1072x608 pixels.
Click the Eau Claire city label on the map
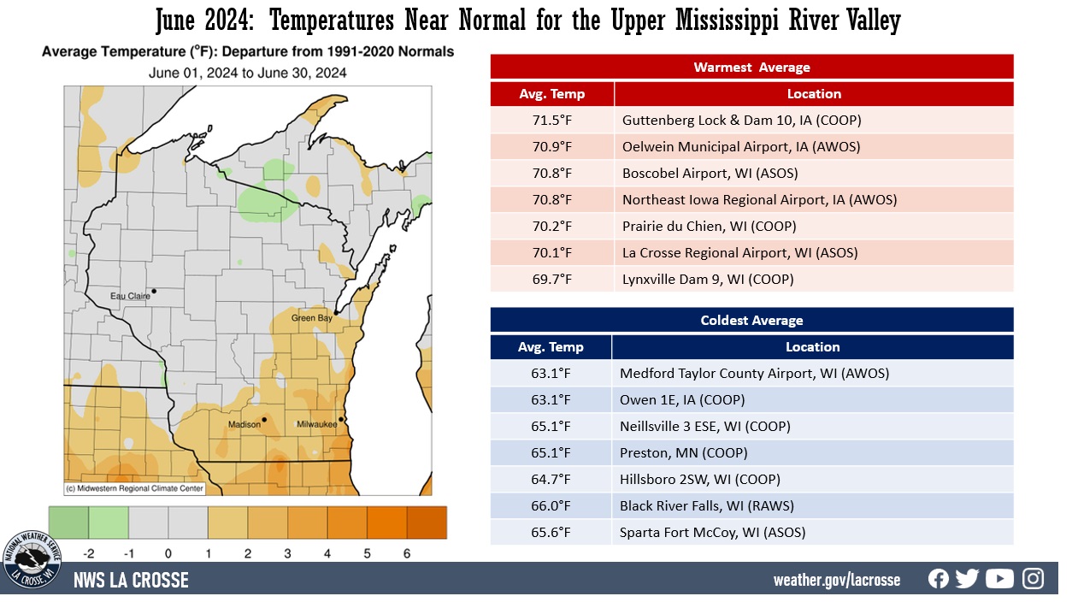[x=129, y=296]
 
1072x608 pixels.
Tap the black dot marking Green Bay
[x=336, y=313]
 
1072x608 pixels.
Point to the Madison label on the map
[x=244, y=425]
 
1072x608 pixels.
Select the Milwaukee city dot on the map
[x=341, y=419]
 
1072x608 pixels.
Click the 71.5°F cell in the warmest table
[x=552, y=121]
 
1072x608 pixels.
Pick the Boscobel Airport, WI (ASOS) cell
[x=710, y=174]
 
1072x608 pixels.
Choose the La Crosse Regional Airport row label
[x=739, y=253]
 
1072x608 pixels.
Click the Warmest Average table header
[x=751, y=68]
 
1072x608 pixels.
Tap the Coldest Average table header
[x=751, y=321]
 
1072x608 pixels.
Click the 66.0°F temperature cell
[x=551, y=506]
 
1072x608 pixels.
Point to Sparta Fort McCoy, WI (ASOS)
[x=712, y=533]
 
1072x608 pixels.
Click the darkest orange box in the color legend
[x=426, y=522]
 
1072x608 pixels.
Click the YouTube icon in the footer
[x=999, y=579]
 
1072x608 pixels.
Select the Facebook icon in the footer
[x=939, y=579]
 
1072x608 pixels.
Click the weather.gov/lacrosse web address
[x=836, y=580]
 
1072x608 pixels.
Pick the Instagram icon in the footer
[x=1034, y=579]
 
